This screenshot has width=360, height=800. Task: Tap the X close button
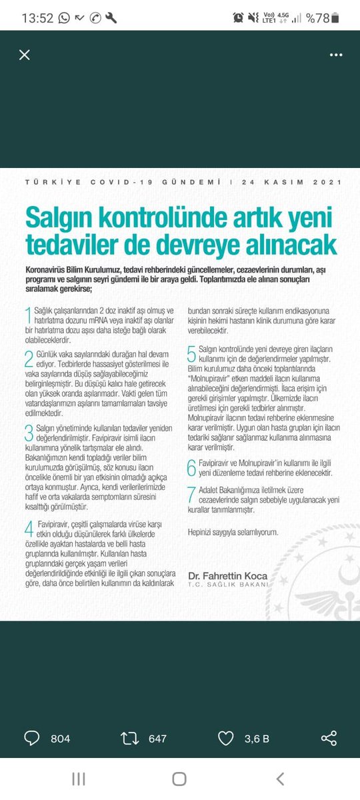pyautogui.click(x=25, y=55)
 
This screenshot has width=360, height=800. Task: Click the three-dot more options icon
pyautogui.click(x=335, y=55)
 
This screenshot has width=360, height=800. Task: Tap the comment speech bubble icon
pyautogui.click(x=33, y=738)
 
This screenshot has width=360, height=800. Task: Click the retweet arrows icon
pyautogui.click(x=129, y=738)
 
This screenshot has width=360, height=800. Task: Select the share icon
pyautogui.click(x=329, y=738)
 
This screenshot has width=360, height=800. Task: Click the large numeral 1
pyautogui.click(x=28, y=316)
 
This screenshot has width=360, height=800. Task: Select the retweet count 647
pyautogui.click(x=157, y=739)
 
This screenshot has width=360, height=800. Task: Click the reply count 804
pyautogui.click(x=60, y=739)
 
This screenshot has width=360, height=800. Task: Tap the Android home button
pyautogui.click(x=179, y=779)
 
